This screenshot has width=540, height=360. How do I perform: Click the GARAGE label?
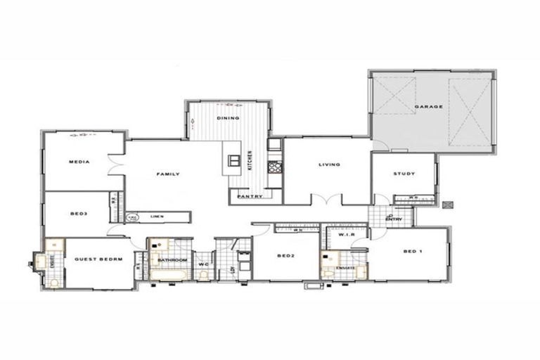428,107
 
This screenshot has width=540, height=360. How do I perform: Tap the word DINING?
228,118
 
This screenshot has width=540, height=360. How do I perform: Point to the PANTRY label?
250,196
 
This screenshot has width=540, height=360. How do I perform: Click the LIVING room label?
329,165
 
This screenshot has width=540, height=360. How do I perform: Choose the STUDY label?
404,174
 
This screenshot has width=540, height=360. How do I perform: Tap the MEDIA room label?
79,162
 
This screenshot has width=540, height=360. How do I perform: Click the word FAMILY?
168,174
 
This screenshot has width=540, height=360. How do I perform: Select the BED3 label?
79,213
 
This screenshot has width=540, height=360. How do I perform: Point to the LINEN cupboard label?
157,217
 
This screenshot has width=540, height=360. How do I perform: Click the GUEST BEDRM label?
98,259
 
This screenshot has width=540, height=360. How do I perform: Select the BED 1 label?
412,251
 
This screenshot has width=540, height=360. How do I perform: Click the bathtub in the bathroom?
169,274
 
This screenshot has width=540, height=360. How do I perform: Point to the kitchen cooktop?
274,167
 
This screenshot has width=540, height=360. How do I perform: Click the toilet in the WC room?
203,274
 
